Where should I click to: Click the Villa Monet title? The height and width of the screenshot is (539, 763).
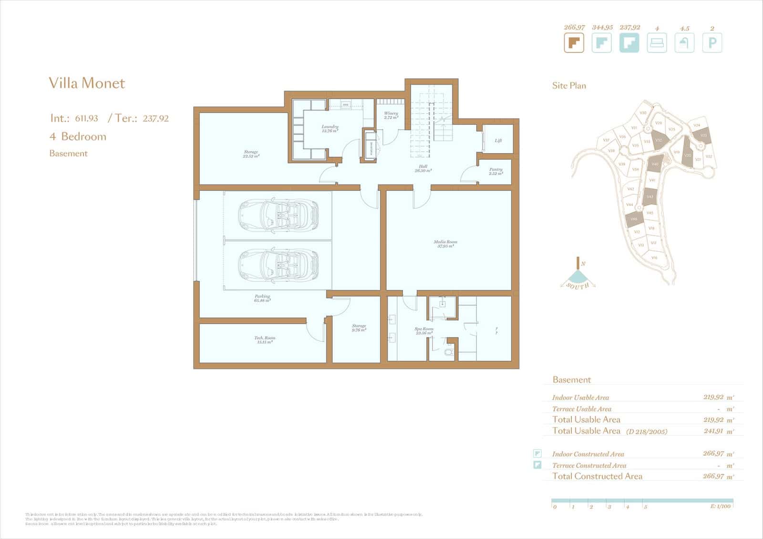87,83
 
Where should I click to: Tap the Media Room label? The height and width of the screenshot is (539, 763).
445,244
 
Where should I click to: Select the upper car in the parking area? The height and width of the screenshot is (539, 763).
278,215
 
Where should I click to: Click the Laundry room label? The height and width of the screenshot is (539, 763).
330,128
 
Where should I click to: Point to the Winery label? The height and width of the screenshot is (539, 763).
391,115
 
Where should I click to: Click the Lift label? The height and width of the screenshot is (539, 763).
498,141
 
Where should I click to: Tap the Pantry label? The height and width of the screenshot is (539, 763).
495,171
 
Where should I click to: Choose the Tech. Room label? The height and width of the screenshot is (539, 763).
265,340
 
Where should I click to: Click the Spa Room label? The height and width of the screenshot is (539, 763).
423,331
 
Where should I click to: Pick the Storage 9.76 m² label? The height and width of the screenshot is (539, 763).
359,328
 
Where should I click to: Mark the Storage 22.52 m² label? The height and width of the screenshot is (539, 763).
251,154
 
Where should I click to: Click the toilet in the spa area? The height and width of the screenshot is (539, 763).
449,352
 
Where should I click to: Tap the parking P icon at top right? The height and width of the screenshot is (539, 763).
712,43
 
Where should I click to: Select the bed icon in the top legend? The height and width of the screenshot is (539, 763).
657,43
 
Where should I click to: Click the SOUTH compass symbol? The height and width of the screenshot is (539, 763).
577,280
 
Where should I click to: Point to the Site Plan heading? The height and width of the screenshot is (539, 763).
569,86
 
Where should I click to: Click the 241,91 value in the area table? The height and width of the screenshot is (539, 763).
713,431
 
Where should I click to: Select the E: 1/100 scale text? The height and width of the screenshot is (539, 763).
720,506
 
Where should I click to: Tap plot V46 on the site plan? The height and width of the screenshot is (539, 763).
634,219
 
